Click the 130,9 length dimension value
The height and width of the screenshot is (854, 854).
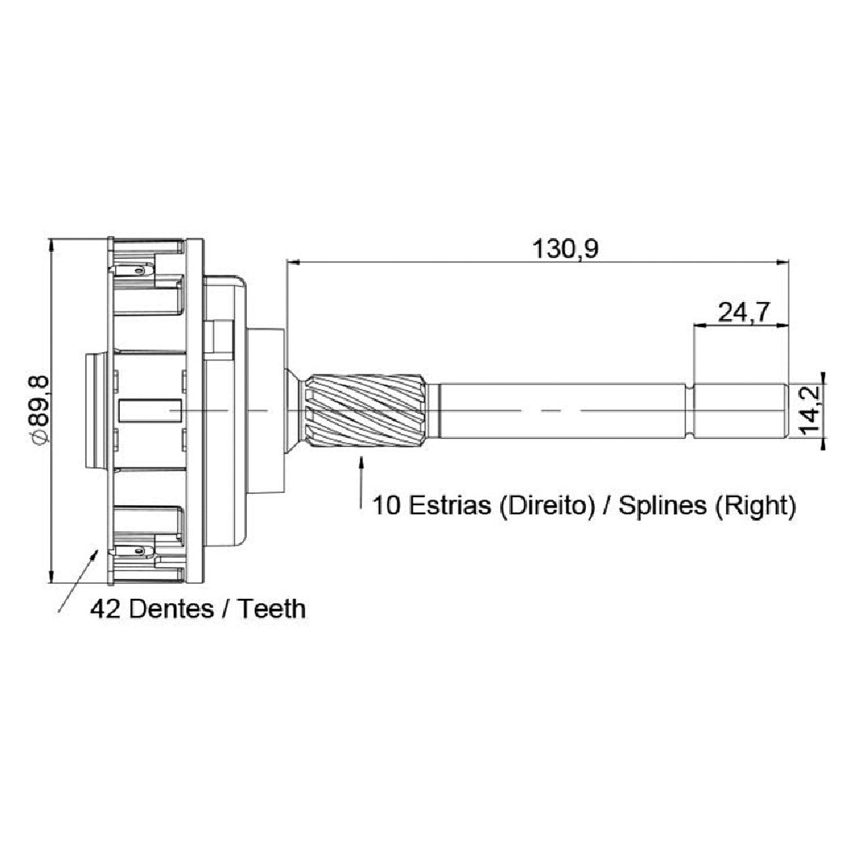coord(565,249)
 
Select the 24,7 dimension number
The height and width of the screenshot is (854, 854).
coord(743,312)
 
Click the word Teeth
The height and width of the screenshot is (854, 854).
coord(272,609)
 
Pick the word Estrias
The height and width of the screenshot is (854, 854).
coord(449,505)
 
